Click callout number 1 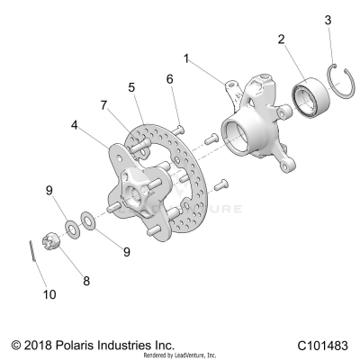click(186, 58)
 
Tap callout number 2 click(282, 40)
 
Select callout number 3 click(328, 19)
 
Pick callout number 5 click(131, 87)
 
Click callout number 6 click(168, 79)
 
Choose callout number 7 click(103, 105)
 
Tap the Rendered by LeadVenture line click(179, 355)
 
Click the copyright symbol click(15, 345)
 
